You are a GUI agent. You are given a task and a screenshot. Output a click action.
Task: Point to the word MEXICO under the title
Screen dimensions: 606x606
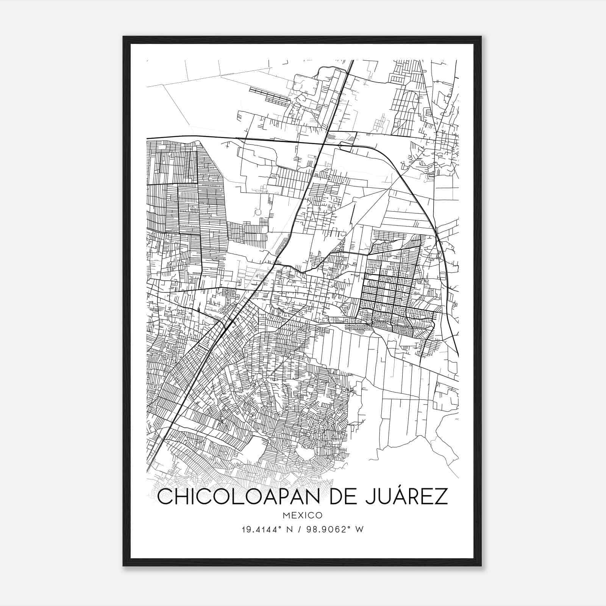302,515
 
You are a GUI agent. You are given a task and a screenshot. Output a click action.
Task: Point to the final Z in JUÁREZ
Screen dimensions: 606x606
441,497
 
